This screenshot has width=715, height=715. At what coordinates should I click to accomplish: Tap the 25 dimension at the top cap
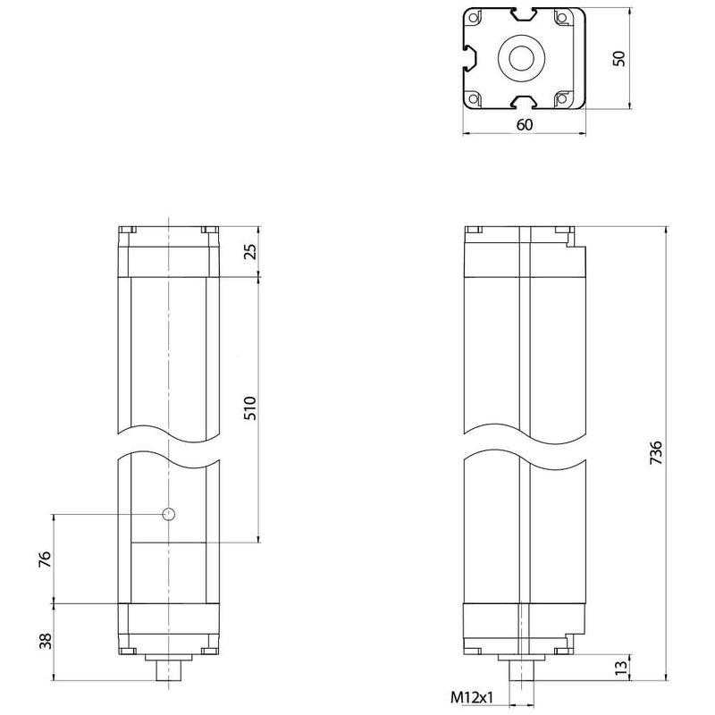[x=250, y=252]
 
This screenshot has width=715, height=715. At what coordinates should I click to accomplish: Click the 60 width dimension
[x=524, y=125]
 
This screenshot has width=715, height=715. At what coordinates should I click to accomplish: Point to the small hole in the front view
[x=168, y=514]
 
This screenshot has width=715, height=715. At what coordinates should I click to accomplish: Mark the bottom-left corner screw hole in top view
[x=476, y=98]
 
